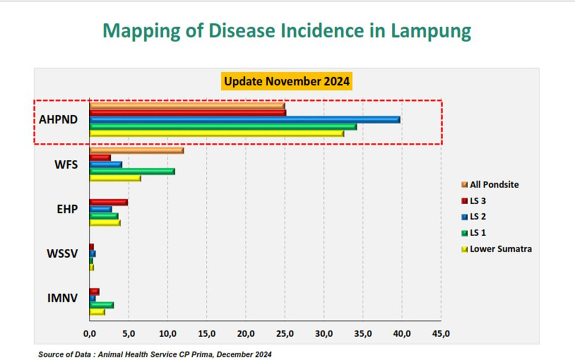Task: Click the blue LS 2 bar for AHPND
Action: click(244, 120)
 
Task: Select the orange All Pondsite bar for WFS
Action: click(136, 151)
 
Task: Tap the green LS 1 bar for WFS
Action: click(132, 171)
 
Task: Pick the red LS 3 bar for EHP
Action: click(109, 202)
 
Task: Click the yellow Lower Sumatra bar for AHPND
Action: click(217, 134)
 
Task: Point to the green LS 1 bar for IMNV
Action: click(101, 305)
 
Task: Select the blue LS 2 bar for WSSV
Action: click(92, 254)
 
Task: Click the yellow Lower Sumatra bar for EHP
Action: click(105, 223)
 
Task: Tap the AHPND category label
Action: click(58, 120)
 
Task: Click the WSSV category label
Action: click(62, 254)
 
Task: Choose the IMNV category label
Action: click(62, 298)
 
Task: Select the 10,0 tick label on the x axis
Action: click(168, 334)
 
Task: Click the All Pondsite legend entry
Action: click(490, 185)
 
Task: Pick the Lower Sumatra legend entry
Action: click(496, 249)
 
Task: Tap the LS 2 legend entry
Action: click(474, 217)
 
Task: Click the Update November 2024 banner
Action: click(287, 81)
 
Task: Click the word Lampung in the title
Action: click(431, 31)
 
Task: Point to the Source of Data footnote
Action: click(155, 354)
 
